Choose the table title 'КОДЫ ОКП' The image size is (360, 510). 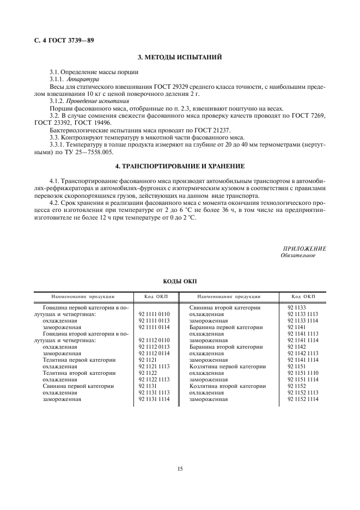180,282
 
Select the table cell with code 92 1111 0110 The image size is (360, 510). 154,314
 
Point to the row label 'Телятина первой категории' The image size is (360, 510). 79,360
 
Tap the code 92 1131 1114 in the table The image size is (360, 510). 154,399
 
